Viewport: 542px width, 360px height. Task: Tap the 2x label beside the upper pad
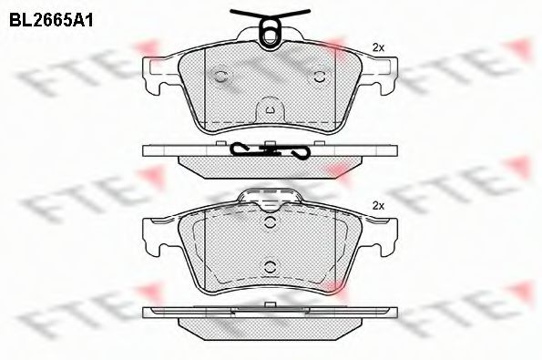[380, 46]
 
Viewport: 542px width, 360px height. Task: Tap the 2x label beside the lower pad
[380, 206]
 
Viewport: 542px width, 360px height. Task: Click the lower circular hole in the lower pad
[270, 266]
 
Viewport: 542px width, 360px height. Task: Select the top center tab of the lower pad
[270, 197]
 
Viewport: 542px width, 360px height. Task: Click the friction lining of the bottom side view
[270, 323]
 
